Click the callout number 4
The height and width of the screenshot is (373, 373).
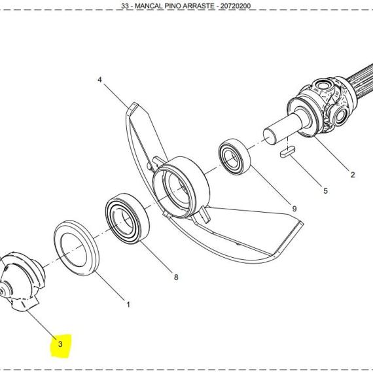[99, 80]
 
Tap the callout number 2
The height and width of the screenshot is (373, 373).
[353, 175]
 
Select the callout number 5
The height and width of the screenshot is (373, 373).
[325, 191]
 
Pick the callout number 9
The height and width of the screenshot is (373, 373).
[294, 209]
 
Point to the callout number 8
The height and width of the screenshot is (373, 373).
[176, 277]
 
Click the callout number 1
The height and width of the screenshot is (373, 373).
[128, 304]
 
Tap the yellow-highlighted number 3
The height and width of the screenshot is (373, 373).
[60, 344]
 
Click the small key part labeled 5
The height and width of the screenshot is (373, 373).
[287, 152]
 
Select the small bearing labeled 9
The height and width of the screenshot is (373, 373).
[234, 156]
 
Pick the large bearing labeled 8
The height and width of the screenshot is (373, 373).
[127, 219]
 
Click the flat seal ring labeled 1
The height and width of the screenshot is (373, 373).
[77, 248]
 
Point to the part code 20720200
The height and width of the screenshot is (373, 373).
[236, 6]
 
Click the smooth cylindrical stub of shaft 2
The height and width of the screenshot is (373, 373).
[283, 128]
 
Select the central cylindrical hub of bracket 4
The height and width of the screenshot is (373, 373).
[181, 187]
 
